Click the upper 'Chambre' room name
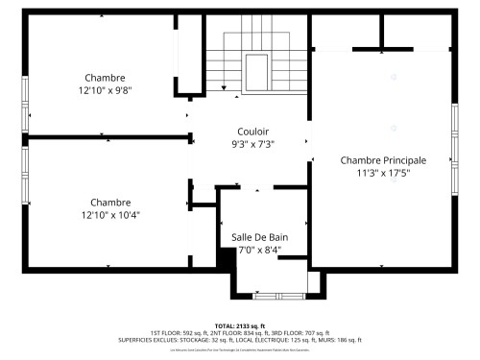pos(105,78)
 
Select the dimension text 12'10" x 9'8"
pos(105,90)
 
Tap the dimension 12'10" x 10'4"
pos(109,215)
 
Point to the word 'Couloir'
pos(253,131)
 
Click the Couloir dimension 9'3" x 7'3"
pos(253,144)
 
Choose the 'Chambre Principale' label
pos(383,160)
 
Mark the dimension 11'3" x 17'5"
pos(383,174)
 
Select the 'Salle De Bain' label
pos(259,237)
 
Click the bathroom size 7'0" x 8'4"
pos(259,251)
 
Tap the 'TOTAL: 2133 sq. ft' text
pos(239,325)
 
